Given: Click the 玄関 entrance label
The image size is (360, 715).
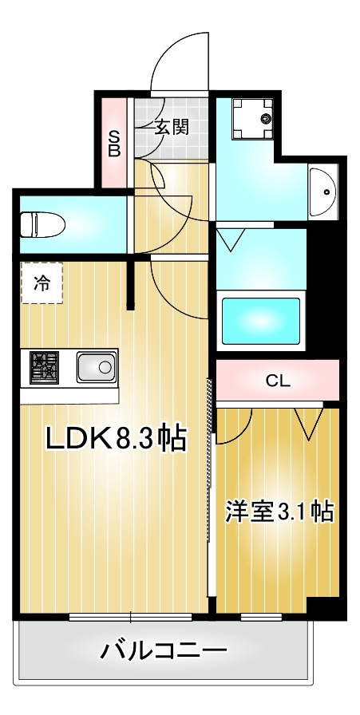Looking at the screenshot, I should point(171,127).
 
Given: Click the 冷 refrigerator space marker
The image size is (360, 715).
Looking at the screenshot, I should point(41,282).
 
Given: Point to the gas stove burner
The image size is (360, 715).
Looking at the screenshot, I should point(45,368).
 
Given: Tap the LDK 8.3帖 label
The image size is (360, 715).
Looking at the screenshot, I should point(115,437).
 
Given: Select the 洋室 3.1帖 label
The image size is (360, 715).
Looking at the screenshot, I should point(279,512).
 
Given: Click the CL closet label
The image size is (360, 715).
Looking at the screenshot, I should point(277,381).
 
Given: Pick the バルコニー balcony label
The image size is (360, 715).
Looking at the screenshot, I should point(164,651).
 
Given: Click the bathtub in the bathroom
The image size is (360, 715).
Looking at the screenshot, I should point(260,322).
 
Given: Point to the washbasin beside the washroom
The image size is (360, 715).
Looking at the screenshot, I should point(326,192).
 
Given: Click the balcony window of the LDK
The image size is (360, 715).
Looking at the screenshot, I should point(130,616).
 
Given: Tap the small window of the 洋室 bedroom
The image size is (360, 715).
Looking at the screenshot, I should point(261,616).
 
